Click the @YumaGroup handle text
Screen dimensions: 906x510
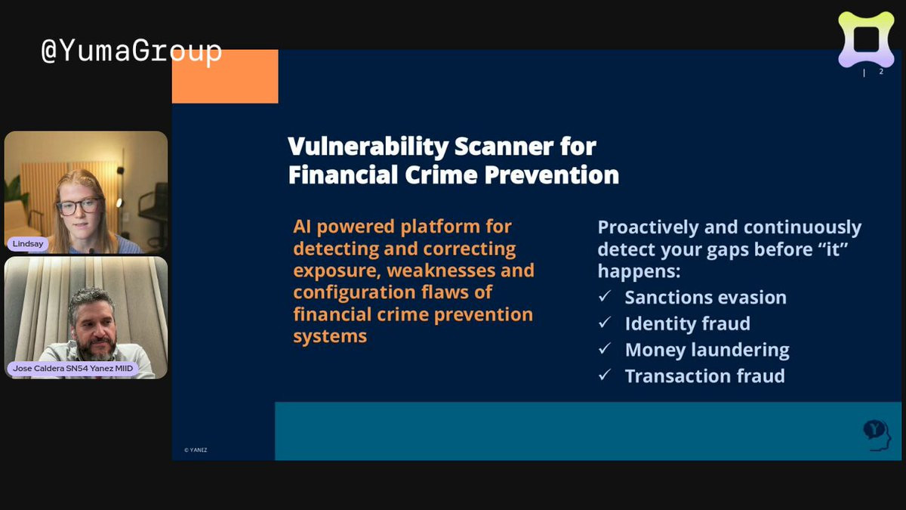131,52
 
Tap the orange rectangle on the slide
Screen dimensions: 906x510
225,76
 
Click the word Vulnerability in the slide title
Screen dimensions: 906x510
368,147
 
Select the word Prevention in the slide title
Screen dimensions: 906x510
552,175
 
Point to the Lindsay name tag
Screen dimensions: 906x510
28,243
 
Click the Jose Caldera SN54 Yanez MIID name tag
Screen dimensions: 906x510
72,369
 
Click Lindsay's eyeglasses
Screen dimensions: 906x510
79,206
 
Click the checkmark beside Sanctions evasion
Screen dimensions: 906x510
605,296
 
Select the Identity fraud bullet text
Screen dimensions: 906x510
688,323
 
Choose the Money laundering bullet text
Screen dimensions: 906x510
707,350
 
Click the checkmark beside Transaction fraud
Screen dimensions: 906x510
605,375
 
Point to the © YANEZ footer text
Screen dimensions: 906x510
196,450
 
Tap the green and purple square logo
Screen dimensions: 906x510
866,39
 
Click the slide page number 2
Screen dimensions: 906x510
881,72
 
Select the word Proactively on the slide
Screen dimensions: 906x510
648,227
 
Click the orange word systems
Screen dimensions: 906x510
330,336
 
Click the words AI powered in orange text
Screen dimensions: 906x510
344,227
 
